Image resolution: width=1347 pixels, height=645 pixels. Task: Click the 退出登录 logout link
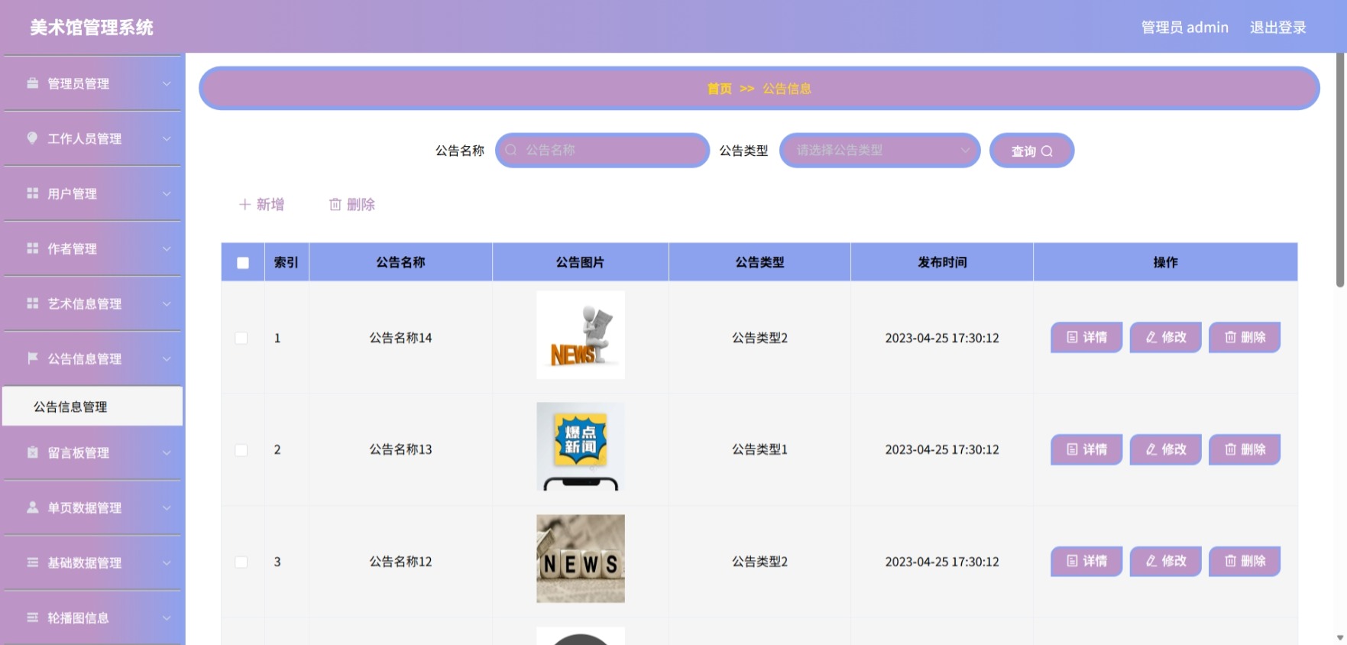tap(1277, 28)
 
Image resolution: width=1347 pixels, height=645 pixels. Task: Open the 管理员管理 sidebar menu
tap(92, 83)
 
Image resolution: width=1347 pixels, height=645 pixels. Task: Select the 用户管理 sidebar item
tap(92, 193)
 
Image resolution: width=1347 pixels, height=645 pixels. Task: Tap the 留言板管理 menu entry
tap(92, 452)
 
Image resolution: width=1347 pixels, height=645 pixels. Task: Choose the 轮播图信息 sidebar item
tap(92, 617)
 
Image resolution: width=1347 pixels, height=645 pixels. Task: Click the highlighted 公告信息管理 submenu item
tap(92, 407)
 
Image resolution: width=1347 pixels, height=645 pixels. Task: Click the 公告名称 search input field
tap(602, 151)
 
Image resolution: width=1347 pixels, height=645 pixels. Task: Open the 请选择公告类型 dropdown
tap(879, 151)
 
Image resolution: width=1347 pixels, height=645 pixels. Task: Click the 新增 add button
tap(261, 205)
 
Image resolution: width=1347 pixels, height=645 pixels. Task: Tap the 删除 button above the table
tap(351, 205)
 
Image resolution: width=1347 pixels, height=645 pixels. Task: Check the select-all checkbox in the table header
tap(243, 263)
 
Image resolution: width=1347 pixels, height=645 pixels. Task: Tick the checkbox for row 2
tap(241, 450)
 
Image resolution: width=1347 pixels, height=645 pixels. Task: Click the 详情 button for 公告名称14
tap(1086, 337)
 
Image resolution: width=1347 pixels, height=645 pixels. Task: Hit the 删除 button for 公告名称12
tap(1245, 561)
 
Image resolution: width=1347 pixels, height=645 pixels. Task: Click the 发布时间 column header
tap(942, 262)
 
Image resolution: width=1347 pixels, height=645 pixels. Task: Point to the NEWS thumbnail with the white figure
tap(581, 335)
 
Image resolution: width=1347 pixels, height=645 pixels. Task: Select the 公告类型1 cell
tap(759, 449)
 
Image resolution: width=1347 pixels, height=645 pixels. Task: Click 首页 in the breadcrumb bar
tap(719, 89)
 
